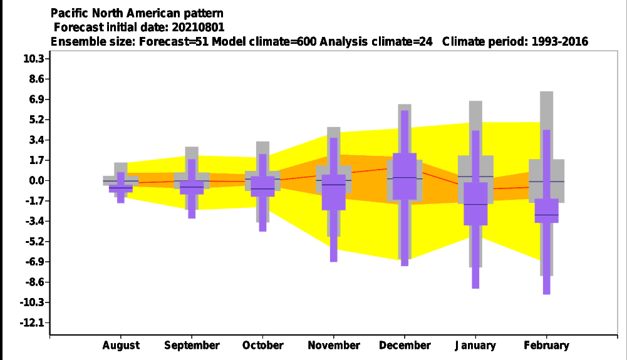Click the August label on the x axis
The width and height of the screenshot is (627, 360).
(x=121, y=345)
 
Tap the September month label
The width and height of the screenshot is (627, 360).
(x=192, y=345)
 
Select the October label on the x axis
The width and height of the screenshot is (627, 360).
(x=262, y=345)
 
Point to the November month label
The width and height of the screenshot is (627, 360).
(x=334, y=345)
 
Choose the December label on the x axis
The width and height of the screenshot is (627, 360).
(x=405, y=345)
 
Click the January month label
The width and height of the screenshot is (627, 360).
(x=475, y=345)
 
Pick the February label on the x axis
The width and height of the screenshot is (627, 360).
(x=547, y=345)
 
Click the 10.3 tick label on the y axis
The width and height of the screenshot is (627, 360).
(x=34, y=59)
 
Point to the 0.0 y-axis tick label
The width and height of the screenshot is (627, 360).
(x=36, y=180)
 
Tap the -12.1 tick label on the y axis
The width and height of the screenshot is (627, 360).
(x=32, y=322)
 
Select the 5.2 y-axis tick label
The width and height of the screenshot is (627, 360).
(x=36, y=120)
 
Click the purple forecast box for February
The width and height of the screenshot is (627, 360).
(x=547, y=210)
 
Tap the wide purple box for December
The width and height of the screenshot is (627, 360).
(x=405, y=176)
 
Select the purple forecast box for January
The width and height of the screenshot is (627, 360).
(x=475, y=203)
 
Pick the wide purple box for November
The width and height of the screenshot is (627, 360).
(x=334, y=192)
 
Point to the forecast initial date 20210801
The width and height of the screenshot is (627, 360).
(x=198, y=27)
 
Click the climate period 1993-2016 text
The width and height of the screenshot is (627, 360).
(x=560, y=41)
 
